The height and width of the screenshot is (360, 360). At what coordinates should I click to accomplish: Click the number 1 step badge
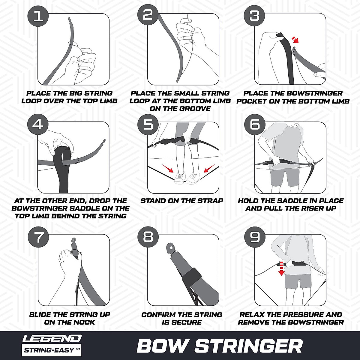[x=38, y=16]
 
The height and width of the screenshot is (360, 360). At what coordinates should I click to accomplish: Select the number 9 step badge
[x=255, y=237]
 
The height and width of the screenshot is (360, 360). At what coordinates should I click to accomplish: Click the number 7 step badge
[x=38, y=237]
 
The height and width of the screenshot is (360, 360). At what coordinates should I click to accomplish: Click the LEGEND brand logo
[x=52, y=338]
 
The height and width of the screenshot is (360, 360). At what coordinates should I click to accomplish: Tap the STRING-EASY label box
[x=52, y=350]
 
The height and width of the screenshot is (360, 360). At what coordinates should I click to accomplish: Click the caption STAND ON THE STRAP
[x=182, y=201]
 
